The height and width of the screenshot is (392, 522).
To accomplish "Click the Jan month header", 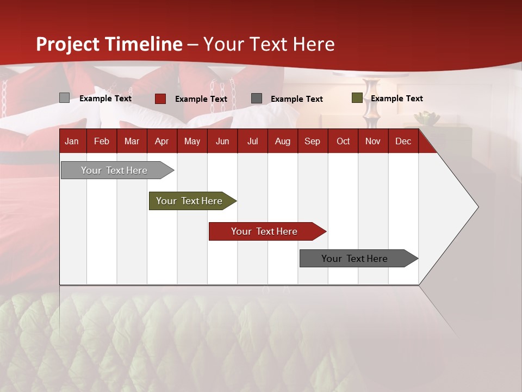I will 72,141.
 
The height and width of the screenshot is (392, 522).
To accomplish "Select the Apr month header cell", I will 161,141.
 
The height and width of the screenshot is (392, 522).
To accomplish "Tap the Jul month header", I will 252,141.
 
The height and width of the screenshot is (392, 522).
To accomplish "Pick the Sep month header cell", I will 312,141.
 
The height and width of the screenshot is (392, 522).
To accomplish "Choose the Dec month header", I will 403,141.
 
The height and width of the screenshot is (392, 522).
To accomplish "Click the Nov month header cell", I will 372,141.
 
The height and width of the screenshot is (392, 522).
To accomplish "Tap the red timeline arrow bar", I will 265,231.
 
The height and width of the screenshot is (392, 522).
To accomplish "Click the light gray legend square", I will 64,98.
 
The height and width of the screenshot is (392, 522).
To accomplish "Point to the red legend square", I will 160,99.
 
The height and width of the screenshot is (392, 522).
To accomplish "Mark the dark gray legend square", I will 257,99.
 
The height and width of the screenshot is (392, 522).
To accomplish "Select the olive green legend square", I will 357,98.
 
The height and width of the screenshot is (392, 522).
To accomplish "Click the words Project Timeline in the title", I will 109,44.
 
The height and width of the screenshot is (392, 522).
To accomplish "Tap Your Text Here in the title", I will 269,44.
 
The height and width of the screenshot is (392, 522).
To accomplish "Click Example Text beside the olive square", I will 396,99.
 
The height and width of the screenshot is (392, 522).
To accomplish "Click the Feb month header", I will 101,141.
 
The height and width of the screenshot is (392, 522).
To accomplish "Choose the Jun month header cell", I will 222,141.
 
